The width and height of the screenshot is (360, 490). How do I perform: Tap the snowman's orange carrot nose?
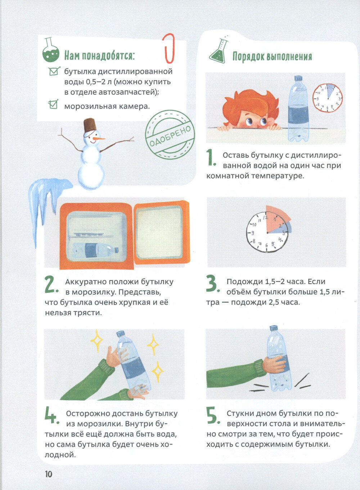(x=99, y=139)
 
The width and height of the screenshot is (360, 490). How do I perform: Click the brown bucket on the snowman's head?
(x=90, y=125)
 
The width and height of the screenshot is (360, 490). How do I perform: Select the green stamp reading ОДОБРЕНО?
(x=170, y=135)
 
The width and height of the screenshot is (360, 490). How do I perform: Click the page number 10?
(x=49, y=474)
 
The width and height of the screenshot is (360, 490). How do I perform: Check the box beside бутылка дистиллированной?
(x=54, y=71)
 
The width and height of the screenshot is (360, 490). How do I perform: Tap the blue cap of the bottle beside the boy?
(x=298, y=79)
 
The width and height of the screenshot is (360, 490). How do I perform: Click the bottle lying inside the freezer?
(x=95, y=251)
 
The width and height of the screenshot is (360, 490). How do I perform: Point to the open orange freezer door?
(x=162, y=232)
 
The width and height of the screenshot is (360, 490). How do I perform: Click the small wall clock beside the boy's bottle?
(x=327, y=98)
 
